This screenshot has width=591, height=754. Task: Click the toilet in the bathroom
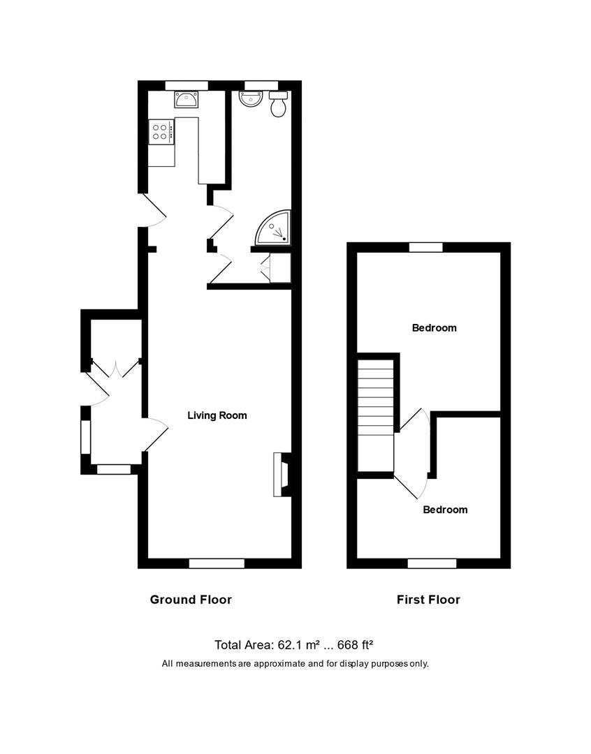click(x=279, y=105)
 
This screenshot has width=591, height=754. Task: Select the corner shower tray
click(x=273, y=228)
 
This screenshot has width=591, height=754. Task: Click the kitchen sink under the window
click(x=186, y=102)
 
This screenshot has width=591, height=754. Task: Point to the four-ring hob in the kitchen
click(x=160, y=132)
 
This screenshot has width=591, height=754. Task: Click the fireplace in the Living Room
click(x=281, y=475)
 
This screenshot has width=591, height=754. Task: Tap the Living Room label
click(x=217, y=415)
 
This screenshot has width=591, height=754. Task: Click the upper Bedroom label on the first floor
click(x=434, y=327)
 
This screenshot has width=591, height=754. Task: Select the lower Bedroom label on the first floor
click(x=445, y=510)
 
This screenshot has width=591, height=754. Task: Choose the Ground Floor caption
click(x=191, y=599)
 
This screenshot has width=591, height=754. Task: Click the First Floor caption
click(x=428, y=599)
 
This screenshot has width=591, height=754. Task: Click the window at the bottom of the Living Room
click(x=217, y=563)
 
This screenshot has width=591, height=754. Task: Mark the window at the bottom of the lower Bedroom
click(x=432, y=563)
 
